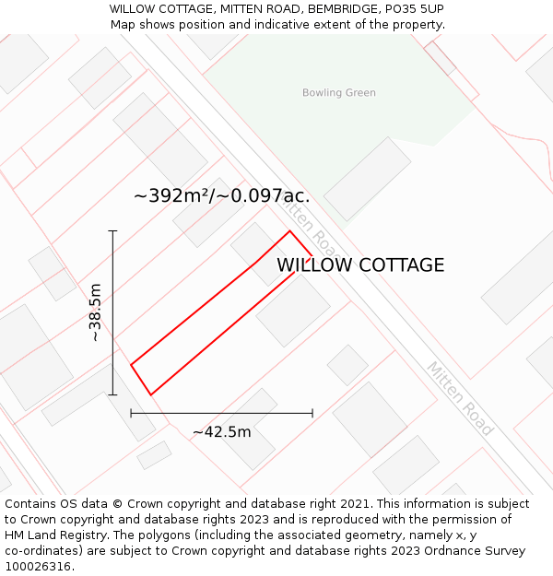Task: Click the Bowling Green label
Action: point(338,93)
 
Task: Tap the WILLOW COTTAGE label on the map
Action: point(360,265)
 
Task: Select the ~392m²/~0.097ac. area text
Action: point(221,196)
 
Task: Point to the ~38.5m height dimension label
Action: point(95,313)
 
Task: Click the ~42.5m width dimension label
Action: point(221,432)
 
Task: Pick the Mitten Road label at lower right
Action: point(460,398)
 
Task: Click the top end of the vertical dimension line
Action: point(112,230)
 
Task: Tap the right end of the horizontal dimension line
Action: point(312,413)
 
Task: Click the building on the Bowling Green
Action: point(367,179)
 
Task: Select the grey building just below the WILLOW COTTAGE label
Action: point(293,311)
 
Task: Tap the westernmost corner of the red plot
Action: point(131,365)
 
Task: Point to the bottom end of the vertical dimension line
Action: point(112,395)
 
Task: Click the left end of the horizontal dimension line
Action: point(131,413)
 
